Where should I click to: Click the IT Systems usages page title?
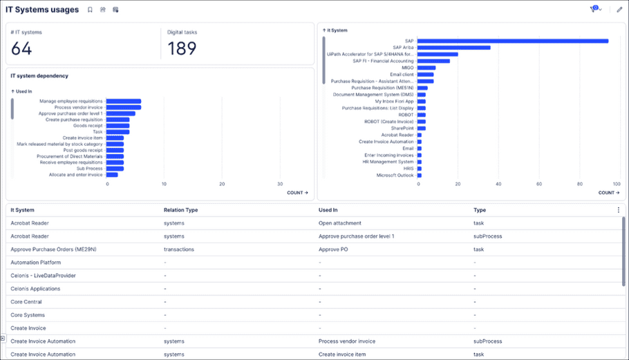point(42,10)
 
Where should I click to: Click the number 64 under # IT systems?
point(21,48)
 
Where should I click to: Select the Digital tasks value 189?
point(182,48)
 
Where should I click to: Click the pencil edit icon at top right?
point(619,10)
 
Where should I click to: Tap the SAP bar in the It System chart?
point(512,41)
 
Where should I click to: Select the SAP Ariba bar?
point(453,48)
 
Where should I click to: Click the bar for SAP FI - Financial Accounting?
point(433,61)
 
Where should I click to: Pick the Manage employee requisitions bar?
point(124,101)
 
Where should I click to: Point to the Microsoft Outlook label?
point(395,175)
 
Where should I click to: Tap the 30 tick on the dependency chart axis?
point(279,184)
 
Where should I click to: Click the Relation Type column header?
point(180,210)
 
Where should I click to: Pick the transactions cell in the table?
point(178,249)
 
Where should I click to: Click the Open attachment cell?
point(339,223)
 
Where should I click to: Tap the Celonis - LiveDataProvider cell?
point(44,276)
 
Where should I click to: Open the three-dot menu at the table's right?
point(618,210)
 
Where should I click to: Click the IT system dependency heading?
point(39,75)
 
